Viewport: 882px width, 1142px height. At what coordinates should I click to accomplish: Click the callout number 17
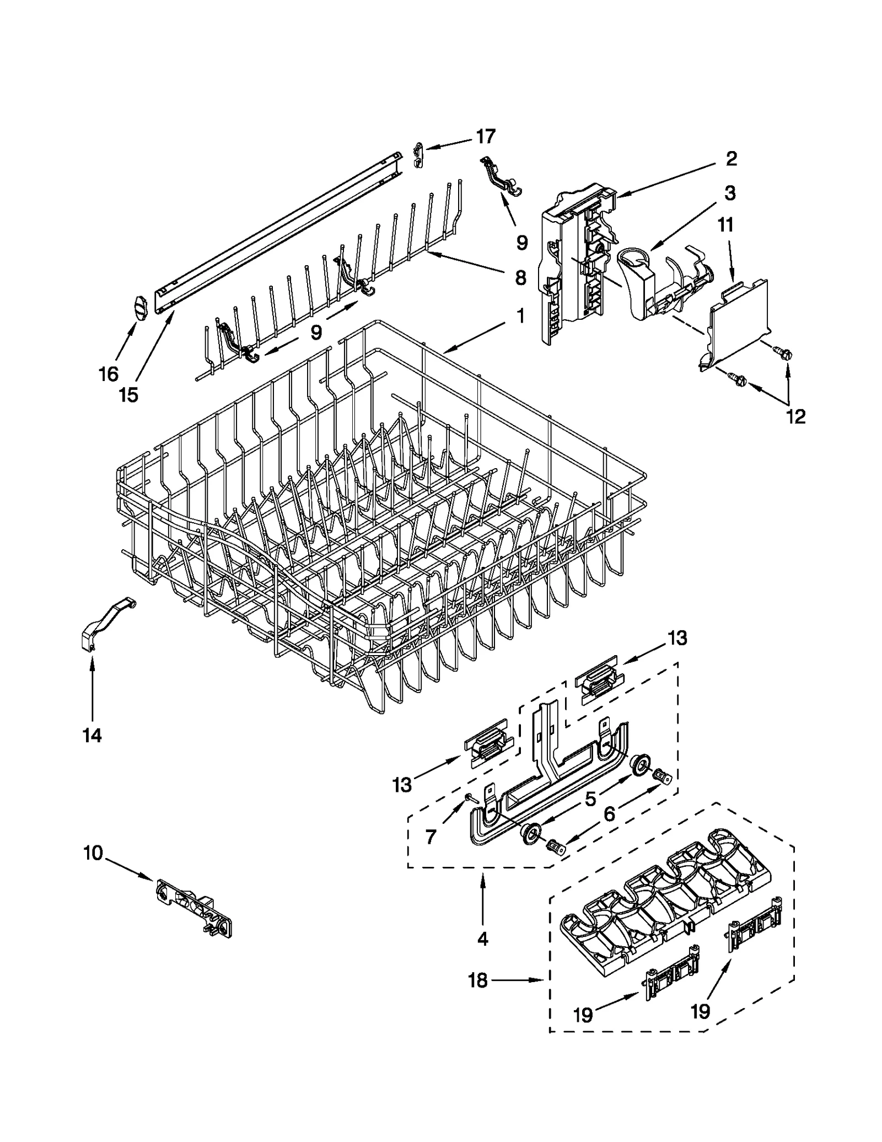(x=486, y=136)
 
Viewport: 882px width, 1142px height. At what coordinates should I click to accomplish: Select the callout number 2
(x=731, y=159)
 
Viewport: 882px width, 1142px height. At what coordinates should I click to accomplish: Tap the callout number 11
(x=725, y=225)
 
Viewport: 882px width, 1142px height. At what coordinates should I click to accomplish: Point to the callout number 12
(x=796, y=416)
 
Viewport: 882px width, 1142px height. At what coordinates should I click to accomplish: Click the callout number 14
(x=92, y=735)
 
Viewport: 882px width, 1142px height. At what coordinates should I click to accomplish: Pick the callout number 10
(x=93, y=853)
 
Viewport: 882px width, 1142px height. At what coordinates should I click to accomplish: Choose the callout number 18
(x=478, y=980)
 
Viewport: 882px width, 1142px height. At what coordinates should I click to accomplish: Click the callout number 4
(x=483, y=939)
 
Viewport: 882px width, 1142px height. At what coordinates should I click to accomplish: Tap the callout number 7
(x=431, y=837)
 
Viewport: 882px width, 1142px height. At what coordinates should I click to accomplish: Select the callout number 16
(x=109, y=374)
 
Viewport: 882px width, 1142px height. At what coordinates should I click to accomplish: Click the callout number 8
(x=520, y=278)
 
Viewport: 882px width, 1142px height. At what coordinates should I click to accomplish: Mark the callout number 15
(x=129, y=395)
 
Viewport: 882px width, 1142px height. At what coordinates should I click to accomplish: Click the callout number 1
(x=520, y=316)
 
